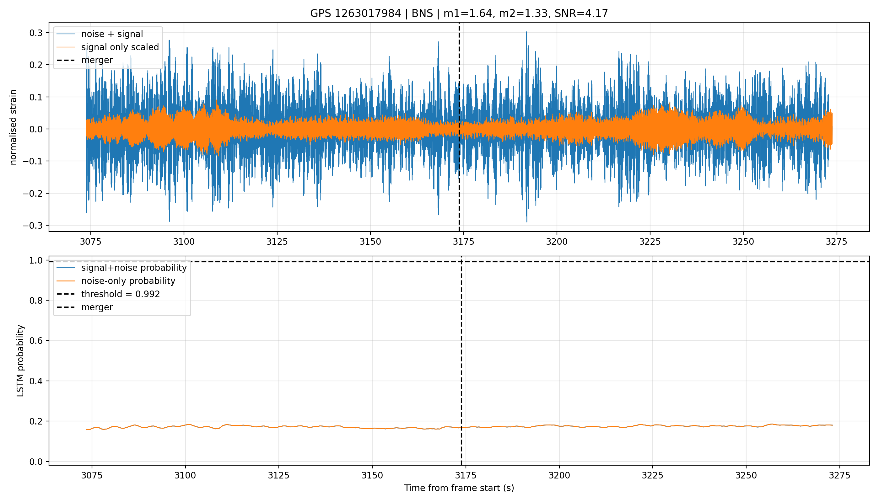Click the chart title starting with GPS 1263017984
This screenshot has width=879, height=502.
point(459,13)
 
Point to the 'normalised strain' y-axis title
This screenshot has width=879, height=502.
point(13,127)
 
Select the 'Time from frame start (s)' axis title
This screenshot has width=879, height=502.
point(459,488)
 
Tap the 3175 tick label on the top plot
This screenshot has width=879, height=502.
point(463,242)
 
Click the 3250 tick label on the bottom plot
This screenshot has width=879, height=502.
point(746,475)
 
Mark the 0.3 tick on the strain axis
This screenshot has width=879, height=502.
point(36,33)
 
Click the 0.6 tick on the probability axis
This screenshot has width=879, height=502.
point(36,341)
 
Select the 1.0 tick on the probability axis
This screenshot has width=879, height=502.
point(36,260)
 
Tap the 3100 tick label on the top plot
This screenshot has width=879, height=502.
point(184,242)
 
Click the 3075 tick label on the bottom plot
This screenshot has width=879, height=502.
point(92,475)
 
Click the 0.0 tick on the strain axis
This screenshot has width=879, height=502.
point(36,129)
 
